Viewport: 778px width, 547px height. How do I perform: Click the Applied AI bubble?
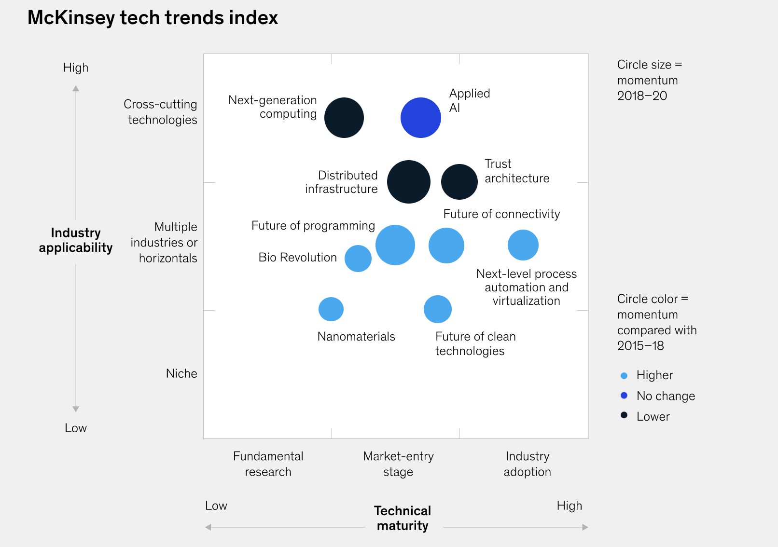pos(421,118)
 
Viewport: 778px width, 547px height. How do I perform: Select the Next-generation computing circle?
pos(344,118)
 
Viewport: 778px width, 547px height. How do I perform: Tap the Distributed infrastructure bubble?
pos(409,182)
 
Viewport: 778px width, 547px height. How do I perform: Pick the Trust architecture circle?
pos(459,182)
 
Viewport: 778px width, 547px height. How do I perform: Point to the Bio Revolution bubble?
pos(358,259)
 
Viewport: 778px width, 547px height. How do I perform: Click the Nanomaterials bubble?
pos(331,309)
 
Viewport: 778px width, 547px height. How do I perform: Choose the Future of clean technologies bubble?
pos(438,309)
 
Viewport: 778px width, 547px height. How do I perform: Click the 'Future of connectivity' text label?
pos(501,214)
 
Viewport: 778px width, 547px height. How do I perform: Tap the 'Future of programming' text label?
pos(313,226)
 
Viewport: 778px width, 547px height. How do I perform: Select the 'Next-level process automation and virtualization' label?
pos(526,287)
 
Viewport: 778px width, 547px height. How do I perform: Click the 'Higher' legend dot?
pos(624,376)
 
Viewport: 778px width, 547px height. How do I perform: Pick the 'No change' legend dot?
pos(624,396)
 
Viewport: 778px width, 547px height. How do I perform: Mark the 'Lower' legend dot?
pos(624,415)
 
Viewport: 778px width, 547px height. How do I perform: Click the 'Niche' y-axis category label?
pos(181,374)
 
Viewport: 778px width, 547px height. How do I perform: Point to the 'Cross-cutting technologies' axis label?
pos(161,112)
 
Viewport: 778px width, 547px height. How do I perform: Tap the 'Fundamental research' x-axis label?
pos(268,464)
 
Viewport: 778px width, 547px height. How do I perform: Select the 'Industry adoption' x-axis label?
pos(528,464)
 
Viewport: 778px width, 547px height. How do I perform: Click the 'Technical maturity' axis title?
pos(403,518)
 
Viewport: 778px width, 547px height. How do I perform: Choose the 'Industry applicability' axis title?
pos(76,240)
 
